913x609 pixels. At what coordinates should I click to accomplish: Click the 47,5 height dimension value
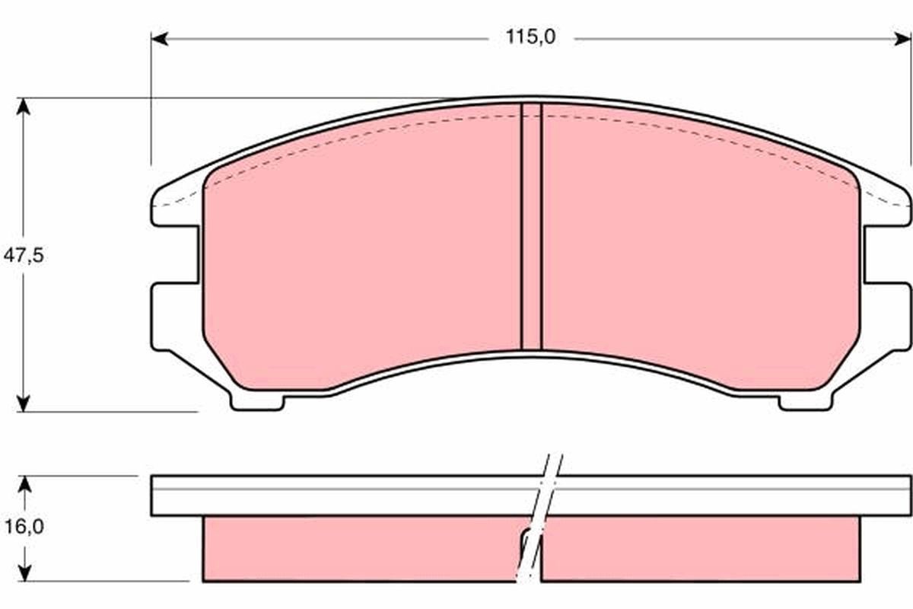coord(24,256)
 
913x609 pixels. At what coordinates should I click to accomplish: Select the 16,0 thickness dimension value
coord(24,526)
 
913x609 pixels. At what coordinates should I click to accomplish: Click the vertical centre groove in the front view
coord(531,228)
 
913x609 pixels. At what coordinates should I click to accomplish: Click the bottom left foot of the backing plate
coord(259,401)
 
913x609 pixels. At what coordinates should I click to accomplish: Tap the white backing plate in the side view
coord(342,496)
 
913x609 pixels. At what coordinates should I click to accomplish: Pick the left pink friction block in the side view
coord(358,548)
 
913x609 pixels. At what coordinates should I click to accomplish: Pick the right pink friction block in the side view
coord(700,548)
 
